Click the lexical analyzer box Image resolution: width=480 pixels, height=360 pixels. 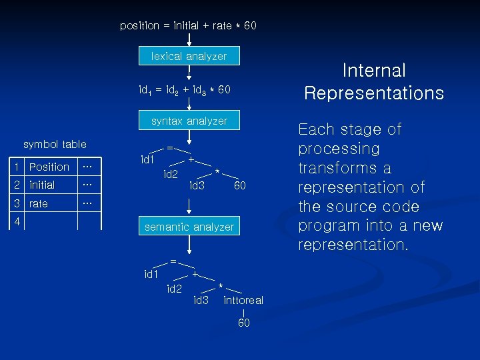[x=189, y=57]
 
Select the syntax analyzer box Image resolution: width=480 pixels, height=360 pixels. [x=189, y=121]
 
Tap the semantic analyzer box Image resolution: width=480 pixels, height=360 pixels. [x=189, y=227]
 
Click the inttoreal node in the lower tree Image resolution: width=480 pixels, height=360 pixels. [x=243, y=300]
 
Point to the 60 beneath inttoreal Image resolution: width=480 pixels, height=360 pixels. [x=244, y=323]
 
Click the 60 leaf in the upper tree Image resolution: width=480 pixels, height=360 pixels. [x=240, y=185]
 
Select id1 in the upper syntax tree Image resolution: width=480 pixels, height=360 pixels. [x=148, y=159]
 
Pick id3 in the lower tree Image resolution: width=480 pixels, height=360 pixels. [x=201, y=300]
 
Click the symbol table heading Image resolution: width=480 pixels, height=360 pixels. [x=55, y=144]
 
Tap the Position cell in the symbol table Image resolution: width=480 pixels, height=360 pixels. [x=49, y=167]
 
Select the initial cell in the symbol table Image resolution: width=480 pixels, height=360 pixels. [x=42, y=185]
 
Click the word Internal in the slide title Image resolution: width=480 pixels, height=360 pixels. [x=374, y=70]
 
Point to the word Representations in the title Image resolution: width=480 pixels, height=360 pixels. [x=374, y=93]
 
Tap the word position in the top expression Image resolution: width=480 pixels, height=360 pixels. [x=139, y=25]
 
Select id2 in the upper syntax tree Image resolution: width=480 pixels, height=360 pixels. [x=171, y=174]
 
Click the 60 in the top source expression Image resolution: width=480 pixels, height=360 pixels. [x=250, y=25]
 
